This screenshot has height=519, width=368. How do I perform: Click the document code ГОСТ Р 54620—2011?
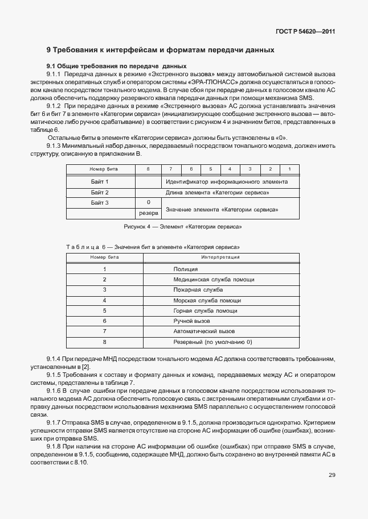306,32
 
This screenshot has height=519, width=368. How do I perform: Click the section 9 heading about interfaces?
161,50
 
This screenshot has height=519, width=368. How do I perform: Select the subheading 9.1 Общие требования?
116,66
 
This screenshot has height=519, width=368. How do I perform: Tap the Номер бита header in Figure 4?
101,169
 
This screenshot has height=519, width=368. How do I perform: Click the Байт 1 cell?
100,182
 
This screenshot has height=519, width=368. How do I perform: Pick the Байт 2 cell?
100,193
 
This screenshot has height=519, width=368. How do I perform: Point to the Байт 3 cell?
100,203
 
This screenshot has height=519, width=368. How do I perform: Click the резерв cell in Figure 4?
148,214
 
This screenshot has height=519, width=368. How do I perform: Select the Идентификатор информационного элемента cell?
226,182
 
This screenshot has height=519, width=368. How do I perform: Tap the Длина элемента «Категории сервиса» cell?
217,193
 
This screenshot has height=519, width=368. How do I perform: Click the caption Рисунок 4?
183,227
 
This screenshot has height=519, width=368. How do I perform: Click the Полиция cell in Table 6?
186,269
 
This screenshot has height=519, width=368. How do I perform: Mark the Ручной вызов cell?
191,321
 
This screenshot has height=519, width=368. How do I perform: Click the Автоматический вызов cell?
204,331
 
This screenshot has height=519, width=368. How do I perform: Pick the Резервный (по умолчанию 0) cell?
212,342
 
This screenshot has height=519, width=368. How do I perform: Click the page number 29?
332,475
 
